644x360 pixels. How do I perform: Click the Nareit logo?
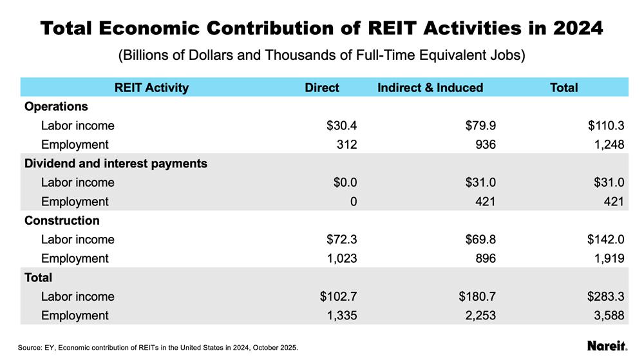tap(607, 346)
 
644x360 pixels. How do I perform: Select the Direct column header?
tap(321, 88)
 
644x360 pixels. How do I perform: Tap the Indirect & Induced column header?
tap(430, 88)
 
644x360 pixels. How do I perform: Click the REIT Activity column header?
tap(151, 88)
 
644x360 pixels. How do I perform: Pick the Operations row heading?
tap(56, 106)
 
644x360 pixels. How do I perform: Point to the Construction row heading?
tap(62, 220)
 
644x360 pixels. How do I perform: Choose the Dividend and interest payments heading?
tap(116, 164)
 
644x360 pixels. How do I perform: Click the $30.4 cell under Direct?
tap(342, 126)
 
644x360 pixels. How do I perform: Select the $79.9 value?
tap(480, 126)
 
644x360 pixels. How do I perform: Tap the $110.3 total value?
tap(606, 126)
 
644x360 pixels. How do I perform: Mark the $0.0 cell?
tap(345, 182)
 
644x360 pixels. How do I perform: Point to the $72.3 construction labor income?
tap(342, 240)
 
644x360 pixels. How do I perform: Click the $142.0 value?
tap(606, 240)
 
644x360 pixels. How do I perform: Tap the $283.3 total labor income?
tap(606, 296)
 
